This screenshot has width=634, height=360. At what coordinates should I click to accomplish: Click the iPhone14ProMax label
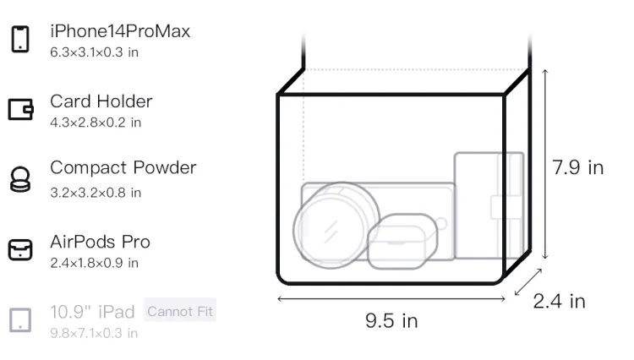pos(120,31)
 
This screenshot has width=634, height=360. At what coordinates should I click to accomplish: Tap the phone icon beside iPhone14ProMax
pos(20,39)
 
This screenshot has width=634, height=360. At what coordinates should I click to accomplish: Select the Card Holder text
pos(101,101)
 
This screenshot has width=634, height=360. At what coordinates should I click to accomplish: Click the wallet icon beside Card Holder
pos(20,109)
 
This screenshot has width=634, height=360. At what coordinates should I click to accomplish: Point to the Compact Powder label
pos(123,167)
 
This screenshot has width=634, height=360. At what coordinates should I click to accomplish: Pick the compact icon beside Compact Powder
pos(19,179)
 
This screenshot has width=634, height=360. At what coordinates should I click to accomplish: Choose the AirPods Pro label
pos(101,242)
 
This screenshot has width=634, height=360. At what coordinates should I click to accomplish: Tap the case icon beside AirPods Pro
pos(20,249)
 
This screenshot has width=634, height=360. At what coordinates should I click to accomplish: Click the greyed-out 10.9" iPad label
pos(92,312)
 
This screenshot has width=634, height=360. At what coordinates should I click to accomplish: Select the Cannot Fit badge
pos(180,311)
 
